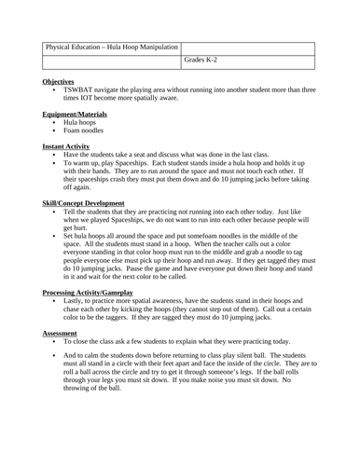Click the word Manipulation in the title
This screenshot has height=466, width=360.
[x=150, y=47]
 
